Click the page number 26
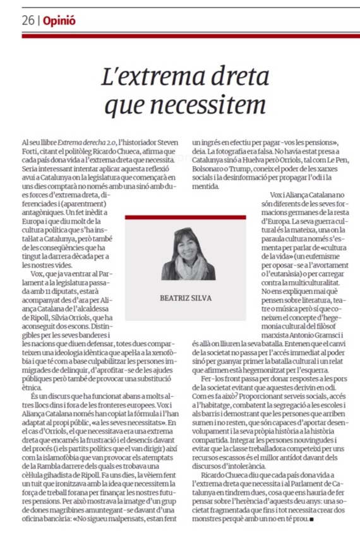(x=27, y=20)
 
